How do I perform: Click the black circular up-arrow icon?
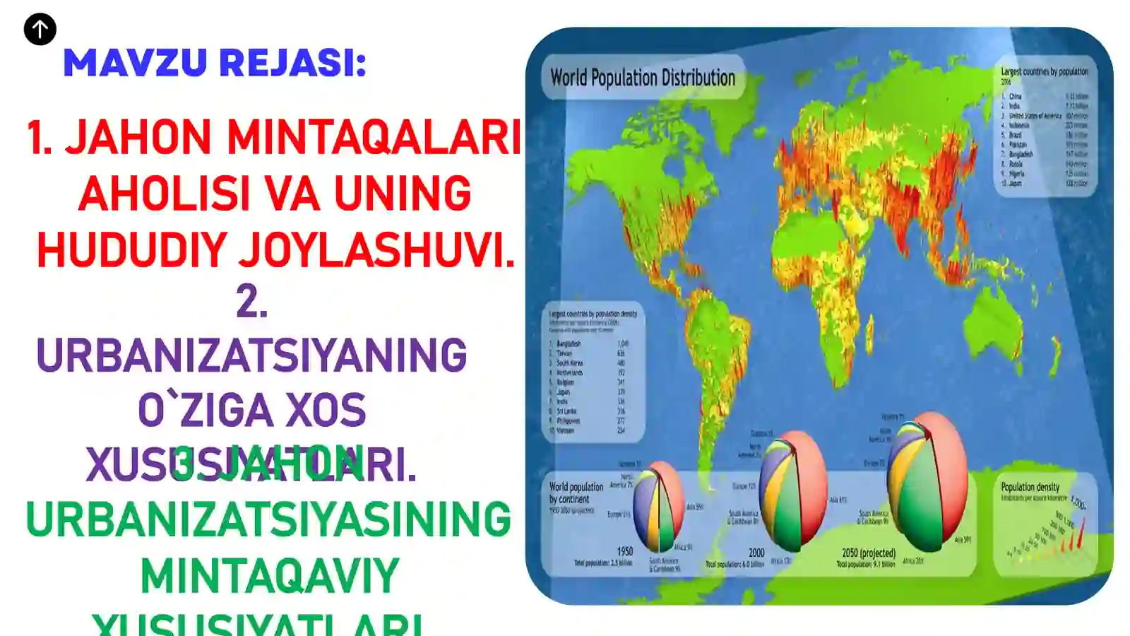pyautogui.click(x=40, y=30)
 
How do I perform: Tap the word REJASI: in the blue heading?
pyautogui.click(x=292, y=63)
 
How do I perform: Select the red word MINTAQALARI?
pyautogui.click(x=374, y=137)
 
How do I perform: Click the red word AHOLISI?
pyautogui.click(x=165, y=194)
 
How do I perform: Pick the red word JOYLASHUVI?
pyautogui.click(x=376, y=250)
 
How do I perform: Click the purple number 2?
pyautogui.click(x=251, y=302)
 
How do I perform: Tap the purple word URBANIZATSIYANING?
pyautogui.click(x=251, y=355)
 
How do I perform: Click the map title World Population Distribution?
pyautogui.click(x=643, y=78)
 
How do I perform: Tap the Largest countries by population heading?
pyautogui.click(x=1044, y=71)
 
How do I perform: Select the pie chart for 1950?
pyautogui.click(x=658, y=506)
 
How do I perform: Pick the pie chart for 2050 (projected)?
pyautogui.click(x=927, y=482)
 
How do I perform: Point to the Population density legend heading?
pyautogui.click(x=1030, y=487)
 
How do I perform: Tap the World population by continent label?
pyautogui.click(x=576, y=493)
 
